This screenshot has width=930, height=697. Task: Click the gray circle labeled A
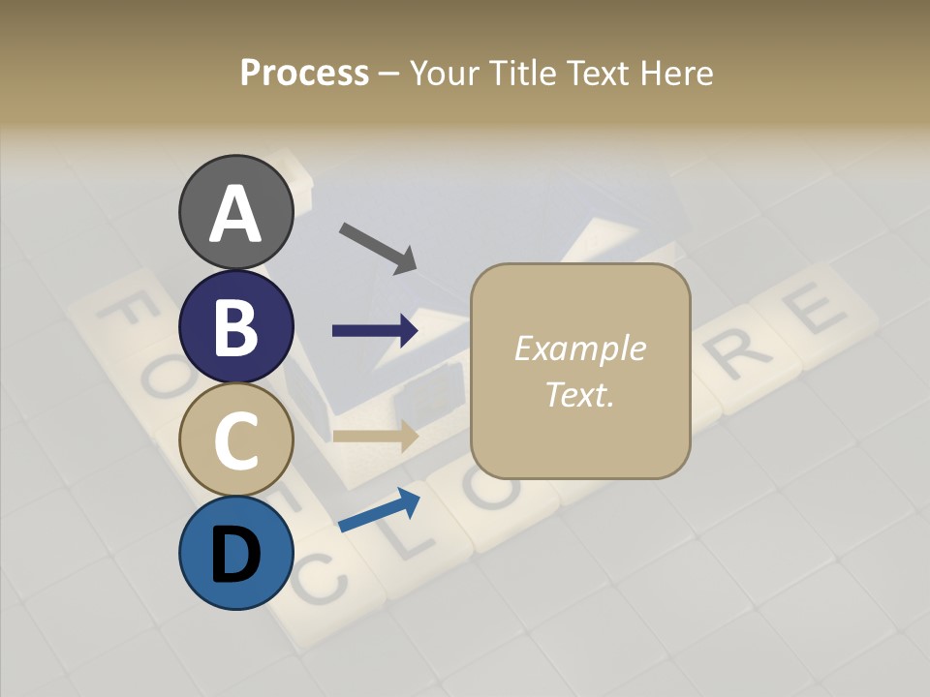(235, 212)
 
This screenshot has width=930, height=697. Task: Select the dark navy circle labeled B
(235, 326)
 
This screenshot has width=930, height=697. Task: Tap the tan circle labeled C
(235, 439)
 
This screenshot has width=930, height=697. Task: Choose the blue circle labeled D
(235, 553)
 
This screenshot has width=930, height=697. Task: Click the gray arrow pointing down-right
(378, 247)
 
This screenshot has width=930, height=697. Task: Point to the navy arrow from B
(375, 331)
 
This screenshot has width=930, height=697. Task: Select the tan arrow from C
(375, 436)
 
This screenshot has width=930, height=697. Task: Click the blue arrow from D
(379, 510)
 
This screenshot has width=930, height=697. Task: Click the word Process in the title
(304, 73)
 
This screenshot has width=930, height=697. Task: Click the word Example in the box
(579, 348)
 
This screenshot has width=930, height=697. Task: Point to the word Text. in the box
(579, 394)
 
